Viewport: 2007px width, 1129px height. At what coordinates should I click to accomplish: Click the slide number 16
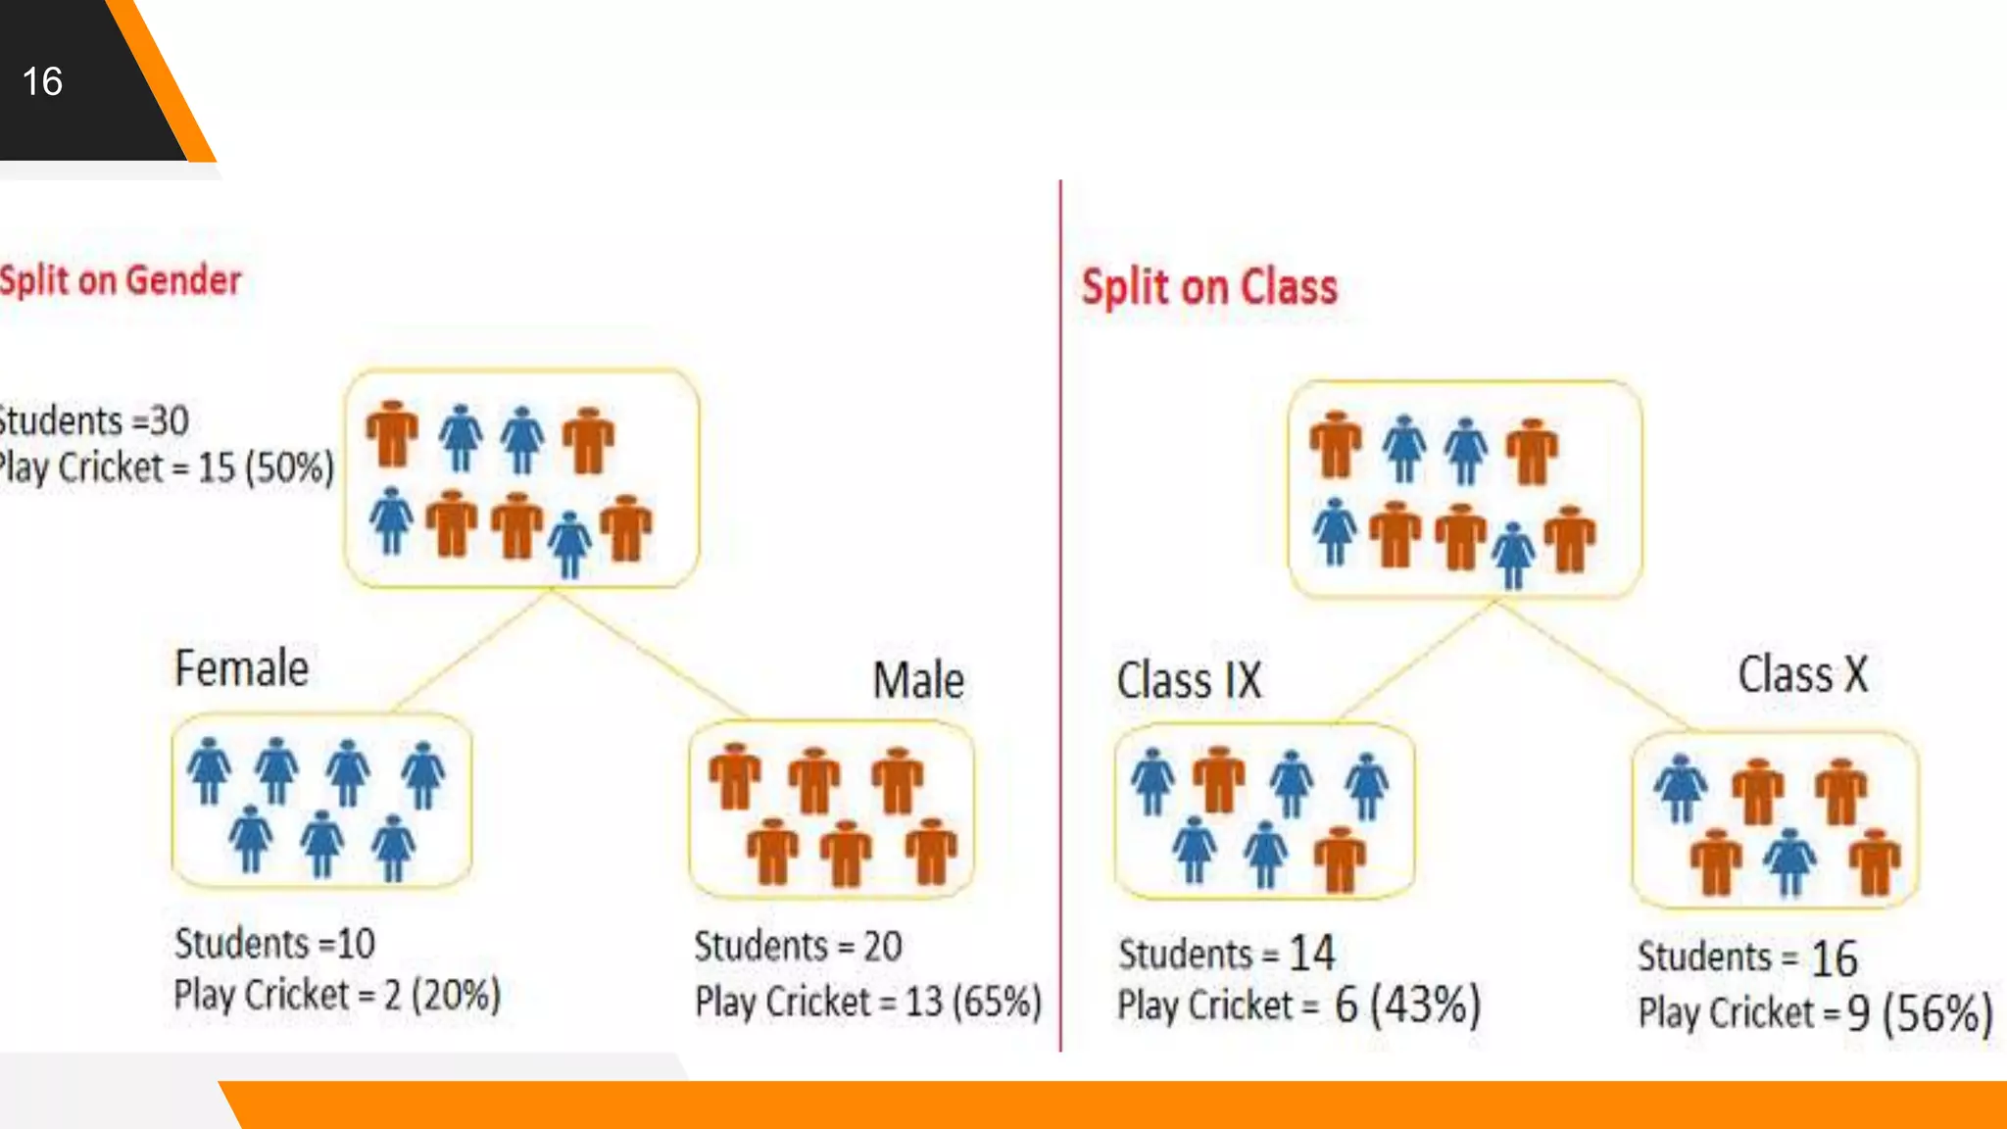(42, 81)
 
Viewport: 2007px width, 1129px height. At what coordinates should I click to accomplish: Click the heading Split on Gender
(121, 281)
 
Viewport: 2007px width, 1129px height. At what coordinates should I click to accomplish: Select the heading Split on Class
(1209, 287)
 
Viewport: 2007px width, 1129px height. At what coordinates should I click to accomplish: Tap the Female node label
(241, 668)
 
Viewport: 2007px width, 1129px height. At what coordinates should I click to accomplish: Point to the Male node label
(918, 680)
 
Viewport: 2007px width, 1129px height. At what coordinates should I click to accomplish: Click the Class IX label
(1190, 680)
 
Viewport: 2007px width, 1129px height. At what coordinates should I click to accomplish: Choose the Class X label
(1803, 674)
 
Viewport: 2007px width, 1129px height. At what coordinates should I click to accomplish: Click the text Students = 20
(798, 947)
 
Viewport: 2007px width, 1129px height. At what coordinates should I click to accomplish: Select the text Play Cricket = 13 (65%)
(868, 1002)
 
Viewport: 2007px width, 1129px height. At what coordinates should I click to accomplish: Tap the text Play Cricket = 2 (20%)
(337, 996)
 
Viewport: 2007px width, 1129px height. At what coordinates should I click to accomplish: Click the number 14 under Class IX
(1311, 953)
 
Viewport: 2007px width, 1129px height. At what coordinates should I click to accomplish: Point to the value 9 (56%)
(1920, 1013)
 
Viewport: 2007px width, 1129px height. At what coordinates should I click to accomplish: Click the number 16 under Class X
(1834, 957)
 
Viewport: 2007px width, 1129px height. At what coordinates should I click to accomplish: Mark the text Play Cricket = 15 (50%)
(167, 467)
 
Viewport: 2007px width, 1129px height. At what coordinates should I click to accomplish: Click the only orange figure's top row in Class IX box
(1218, 780)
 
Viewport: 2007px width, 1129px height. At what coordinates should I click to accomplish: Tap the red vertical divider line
(1060, 608)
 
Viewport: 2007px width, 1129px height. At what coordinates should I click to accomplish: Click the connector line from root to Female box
(470, 651)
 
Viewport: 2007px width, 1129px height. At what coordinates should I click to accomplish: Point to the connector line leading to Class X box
(1592, 664)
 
